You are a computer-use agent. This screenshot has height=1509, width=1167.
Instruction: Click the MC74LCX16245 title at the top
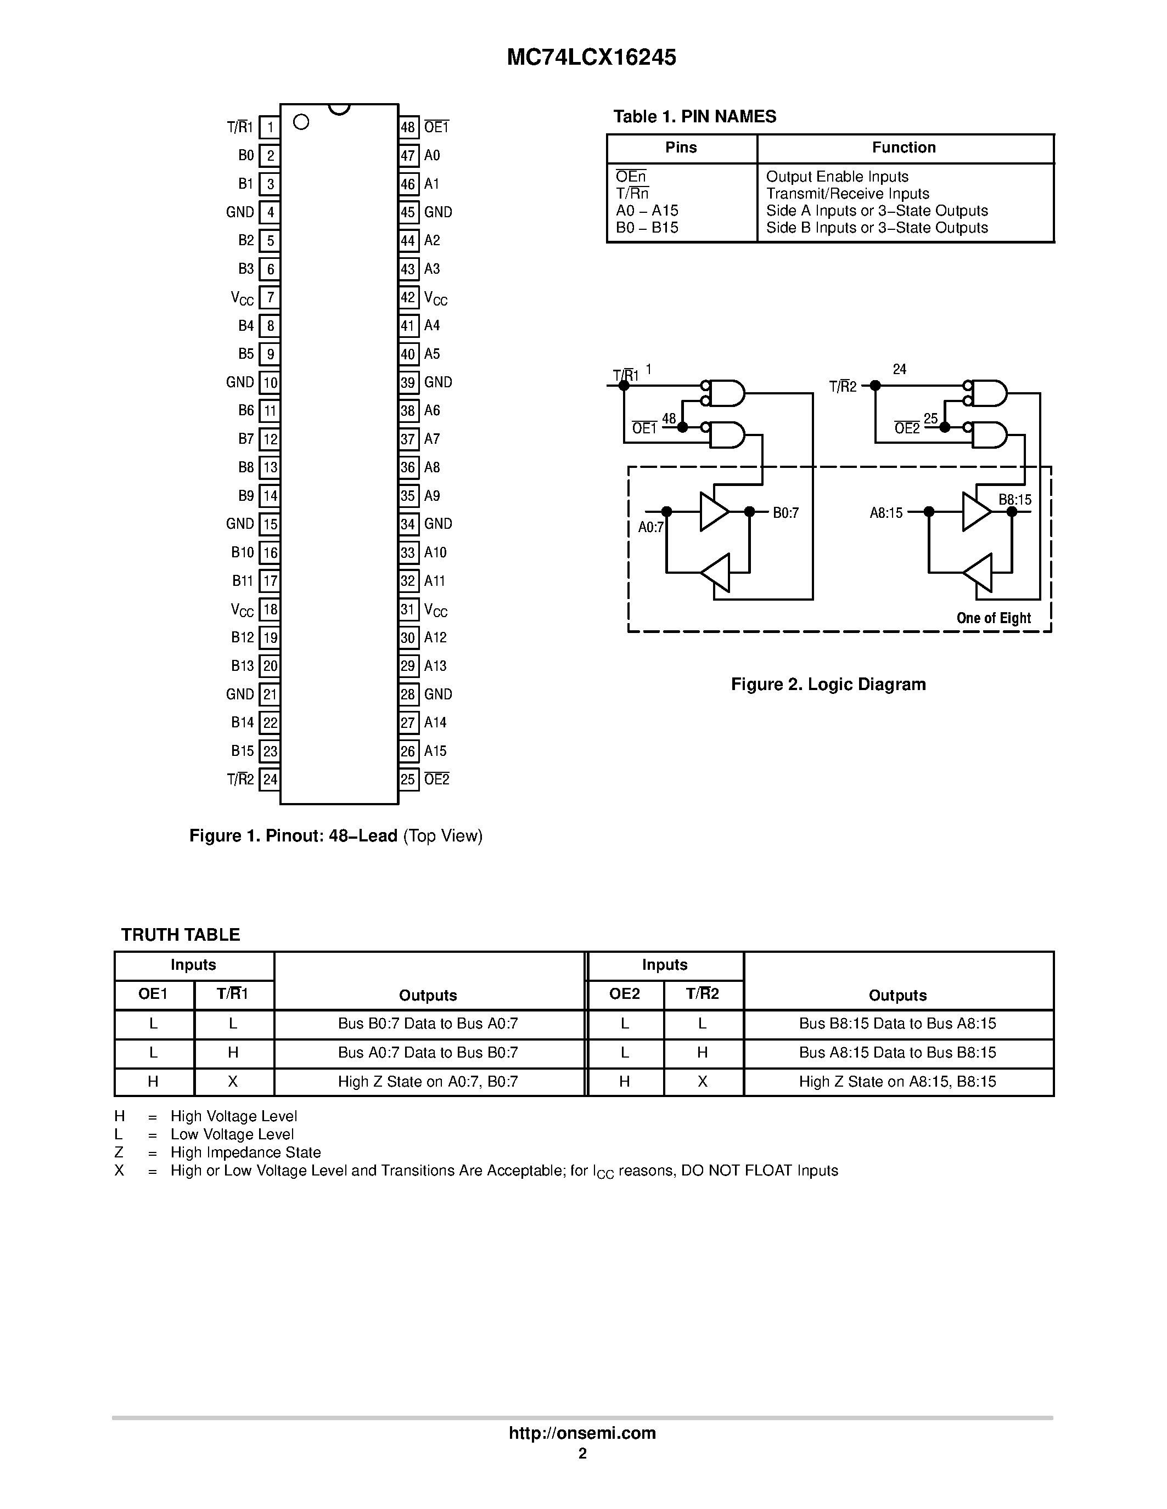point(591,58)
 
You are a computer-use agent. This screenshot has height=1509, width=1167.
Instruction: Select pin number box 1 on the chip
point(270,127)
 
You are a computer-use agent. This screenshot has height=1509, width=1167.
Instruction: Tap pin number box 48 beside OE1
point(408,127)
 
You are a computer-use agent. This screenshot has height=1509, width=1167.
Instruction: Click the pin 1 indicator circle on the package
point(301,122)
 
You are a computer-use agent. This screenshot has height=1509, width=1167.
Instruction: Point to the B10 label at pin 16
point(242,553)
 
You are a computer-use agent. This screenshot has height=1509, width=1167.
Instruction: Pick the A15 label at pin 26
point(435,751)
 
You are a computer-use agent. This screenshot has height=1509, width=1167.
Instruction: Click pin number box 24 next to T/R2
point(270,780)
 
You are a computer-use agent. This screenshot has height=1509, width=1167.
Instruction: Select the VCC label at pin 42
point(435,298)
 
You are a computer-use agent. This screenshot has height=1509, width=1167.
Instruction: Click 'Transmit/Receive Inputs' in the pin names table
point(847,194)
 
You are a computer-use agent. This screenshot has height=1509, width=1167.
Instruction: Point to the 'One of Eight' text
point(993,618)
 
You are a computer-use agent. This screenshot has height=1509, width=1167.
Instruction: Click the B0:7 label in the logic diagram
point(786,513)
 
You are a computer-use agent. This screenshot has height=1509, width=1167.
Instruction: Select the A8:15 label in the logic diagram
point(885,513)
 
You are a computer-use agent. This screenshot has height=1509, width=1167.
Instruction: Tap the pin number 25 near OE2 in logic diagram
point(930,419)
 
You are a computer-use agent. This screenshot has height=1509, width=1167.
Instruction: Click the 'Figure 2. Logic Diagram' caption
point(828,685)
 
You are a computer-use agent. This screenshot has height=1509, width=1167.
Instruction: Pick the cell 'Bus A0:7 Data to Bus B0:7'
point(428,1053)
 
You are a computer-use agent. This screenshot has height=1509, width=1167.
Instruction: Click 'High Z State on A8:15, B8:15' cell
point(897,1082)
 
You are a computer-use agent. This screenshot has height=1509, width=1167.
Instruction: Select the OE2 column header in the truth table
point(624,994)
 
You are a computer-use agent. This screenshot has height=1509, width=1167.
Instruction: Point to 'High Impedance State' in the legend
point(245,1152)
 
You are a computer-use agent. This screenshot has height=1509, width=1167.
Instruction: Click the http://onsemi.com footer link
point(582,1433)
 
